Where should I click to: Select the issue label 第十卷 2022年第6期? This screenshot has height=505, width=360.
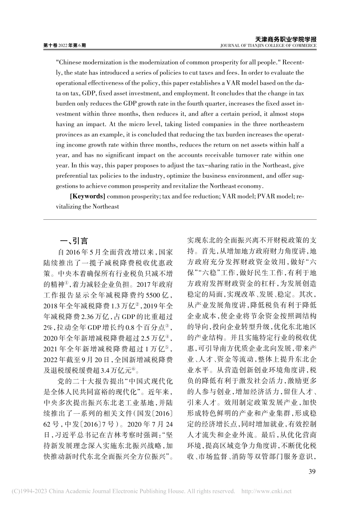click(x=65, y=45)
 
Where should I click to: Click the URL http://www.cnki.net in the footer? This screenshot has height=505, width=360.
click(x=266, y=491)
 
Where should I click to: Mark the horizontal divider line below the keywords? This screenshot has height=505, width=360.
click(x=180, y=220)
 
